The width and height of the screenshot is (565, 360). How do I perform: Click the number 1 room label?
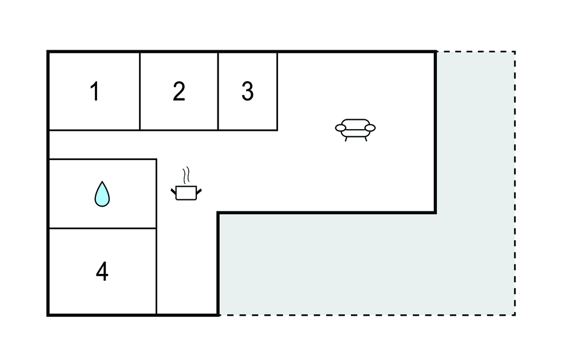(95, 92)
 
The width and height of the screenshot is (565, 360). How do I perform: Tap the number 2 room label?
(179, 92)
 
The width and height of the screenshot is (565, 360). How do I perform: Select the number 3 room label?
(247, 92)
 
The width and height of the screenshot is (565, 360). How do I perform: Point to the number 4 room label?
(102, 271)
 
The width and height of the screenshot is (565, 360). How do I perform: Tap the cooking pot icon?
(186, 192)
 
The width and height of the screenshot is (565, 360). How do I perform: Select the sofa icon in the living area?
(355, 129)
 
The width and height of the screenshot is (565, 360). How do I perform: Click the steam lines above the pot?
(187, 174)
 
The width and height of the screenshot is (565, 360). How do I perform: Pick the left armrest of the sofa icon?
(340, 128)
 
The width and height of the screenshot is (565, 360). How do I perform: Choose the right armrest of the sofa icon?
(370, 128)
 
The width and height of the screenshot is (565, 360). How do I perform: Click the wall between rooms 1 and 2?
(140, 92)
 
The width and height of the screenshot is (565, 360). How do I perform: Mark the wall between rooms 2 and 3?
(218, 92)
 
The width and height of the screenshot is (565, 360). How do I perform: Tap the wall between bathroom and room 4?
(103, 228)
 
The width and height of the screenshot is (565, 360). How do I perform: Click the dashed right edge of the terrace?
(515, 182)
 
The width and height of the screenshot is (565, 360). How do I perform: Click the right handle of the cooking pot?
(199, 190)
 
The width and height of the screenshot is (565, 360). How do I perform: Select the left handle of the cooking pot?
(173, 190)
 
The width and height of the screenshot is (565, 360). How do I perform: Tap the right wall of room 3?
(277, 92)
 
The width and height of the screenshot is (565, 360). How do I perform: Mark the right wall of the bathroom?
(157, 193)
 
